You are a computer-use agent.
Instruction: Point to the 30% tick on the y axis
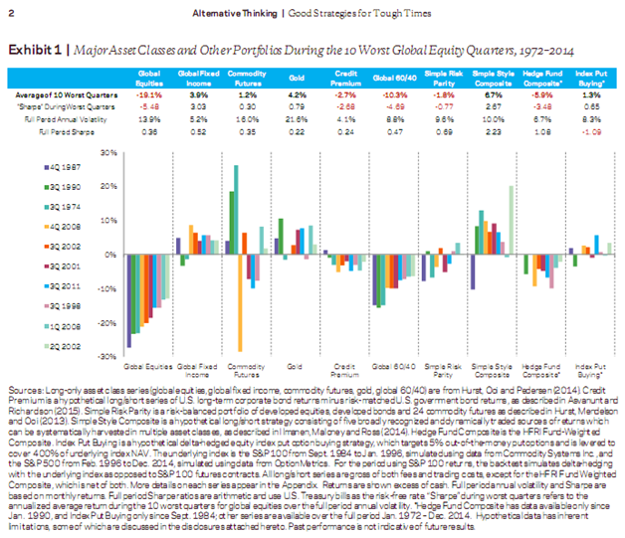[x=110, y=153]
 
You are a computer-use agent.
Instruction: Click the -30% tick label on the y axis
[x=108, y=354]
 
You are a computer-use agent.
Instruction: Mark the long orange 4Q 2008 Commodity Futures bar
[x=241, y=302]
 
